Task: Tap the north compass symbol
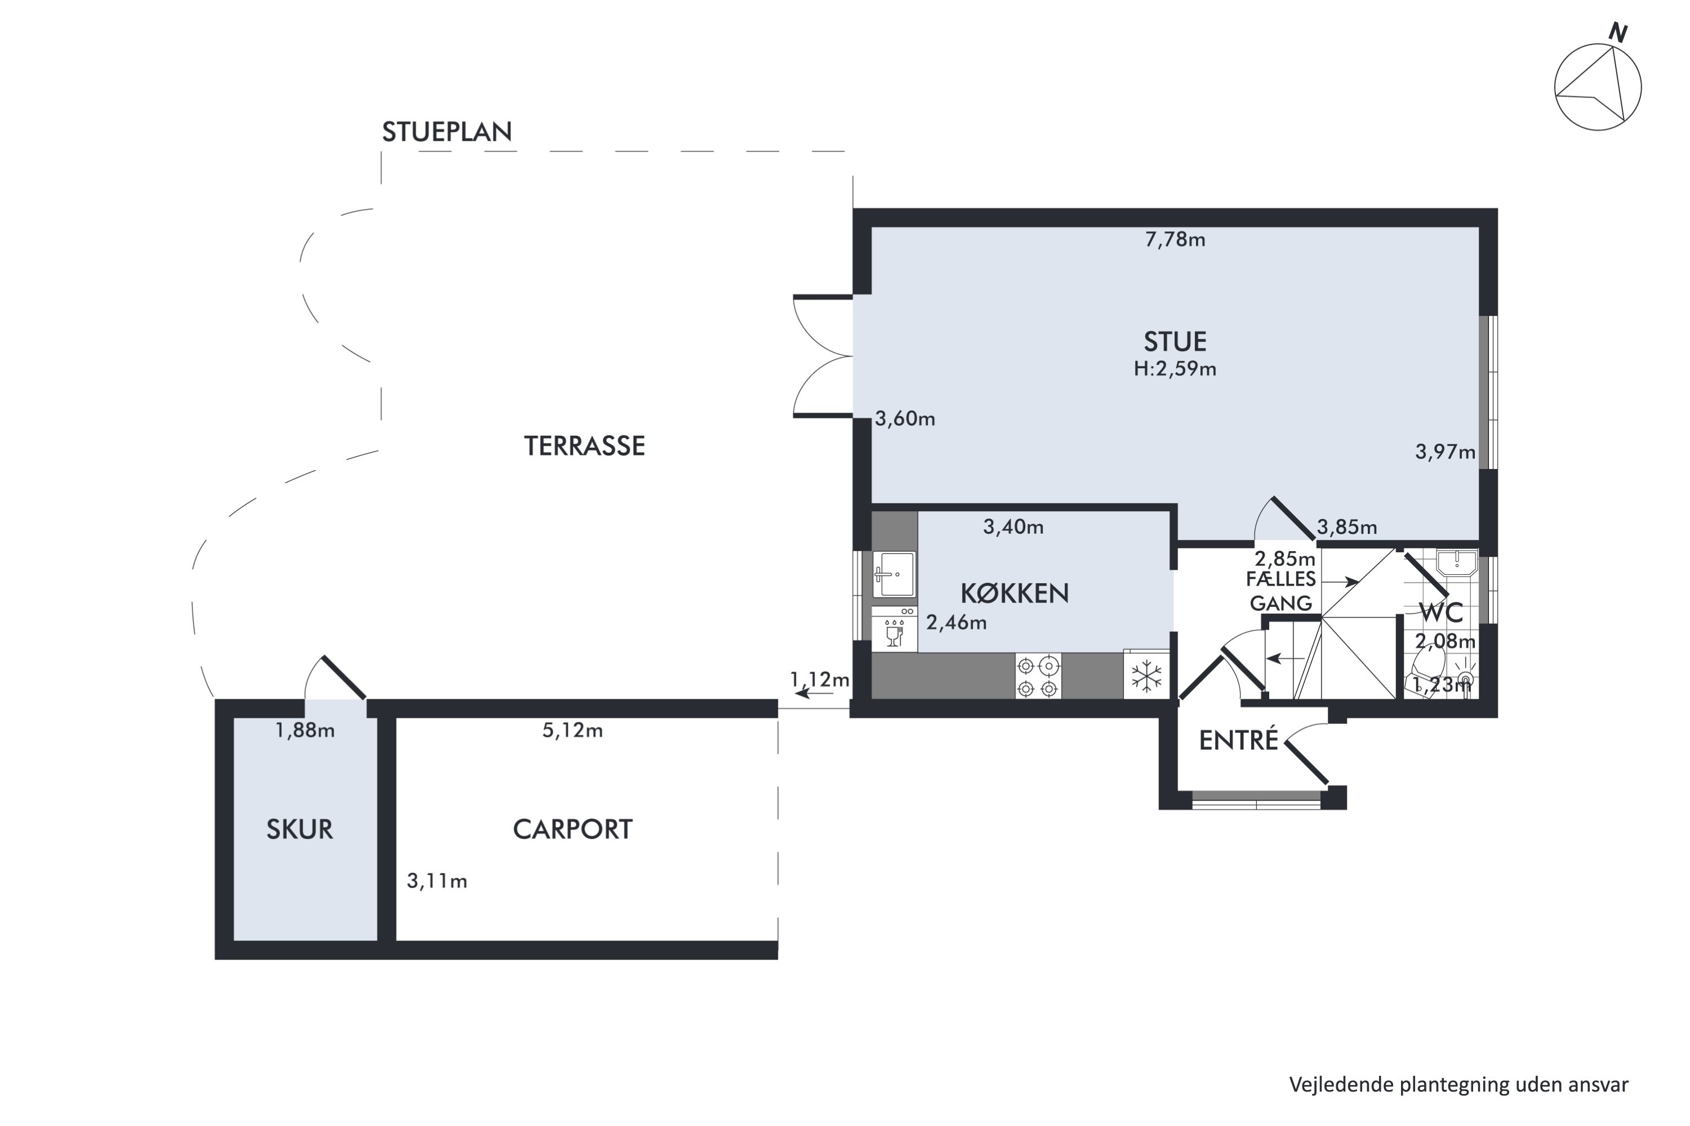tap(1599, 86)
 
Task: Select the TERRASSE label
tap(584, 446)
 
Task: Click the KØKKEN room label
tap(1015, 593)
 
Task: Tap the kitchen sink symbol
tap(895, 574)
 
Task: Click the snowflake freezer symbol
tap(1146, 676)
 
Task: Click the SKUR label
tap(300, 829)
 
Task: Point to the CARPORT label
tap(573, 829)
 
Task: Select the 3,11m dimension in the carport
tap(437, 881)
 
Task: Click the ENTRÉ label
tap(1239, 740)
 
